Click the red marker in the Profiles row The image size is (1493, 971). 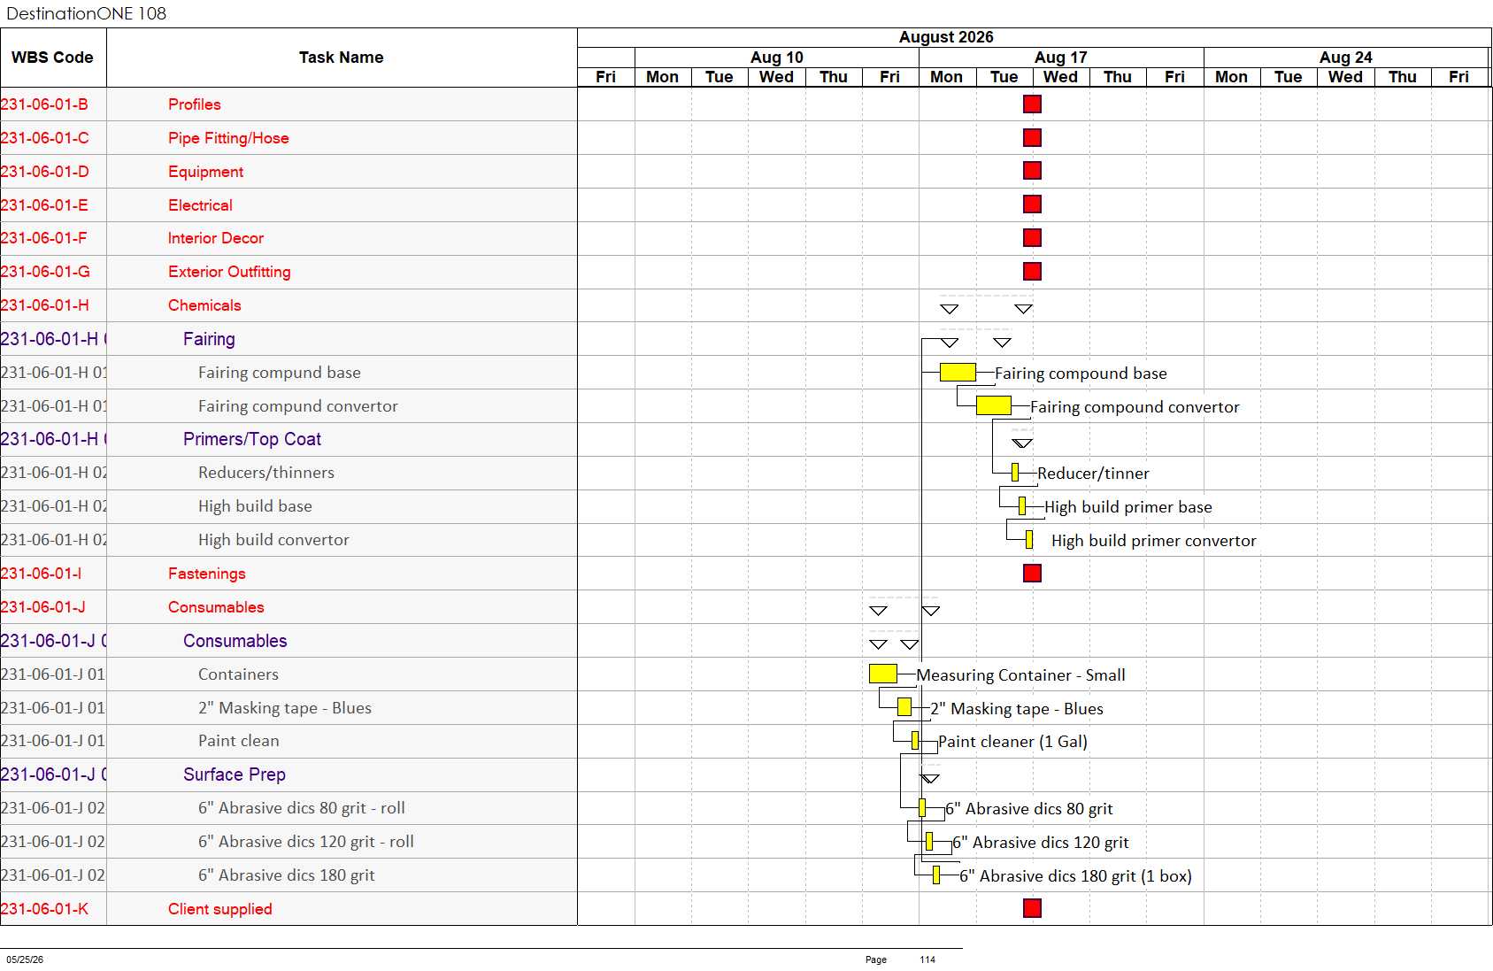click(x=1032, y=104)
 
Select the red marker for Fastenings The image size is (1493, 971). click(x=1032, y=574)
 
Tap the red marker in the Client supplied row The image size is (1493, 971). click(x=1032, y=907)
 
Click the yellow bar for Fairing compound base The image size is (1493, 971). click(x=958, y=373)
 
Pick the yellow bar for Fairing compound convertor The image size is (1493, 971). click(x=993, y=406)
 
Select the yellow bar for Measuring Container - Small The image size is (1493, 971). click(x=882, y=674)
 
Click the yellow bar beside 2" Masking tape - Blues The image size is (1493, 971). click(x=904, y=707)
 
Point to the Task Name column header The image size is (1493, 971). click(x=341, y=58)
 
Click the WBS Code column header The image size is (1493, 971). click(x=52, y=58)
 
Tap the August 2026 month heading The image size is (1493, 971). click(x=946, y=37)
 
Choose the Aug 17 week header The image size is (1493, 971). click(x=1060, y=58)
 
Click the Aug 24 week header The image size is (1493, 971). click(x=1345, y=58)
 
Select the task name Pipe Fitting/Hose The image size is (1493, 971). click(x=228, y=138)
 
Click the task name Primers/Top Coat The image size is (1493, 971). click(x=252, y=439)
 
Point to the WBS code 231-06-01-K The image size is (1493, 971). click(x=44, y=909)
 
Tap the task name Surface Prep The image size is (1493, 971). click(x=234, y=774)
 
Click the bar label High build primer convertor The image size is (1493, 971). click(x=1153, y=541)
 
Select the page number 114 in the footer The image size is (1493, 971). click(x=927, y=959)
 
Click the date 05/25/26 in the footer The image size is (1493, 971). click(x=25, y=959)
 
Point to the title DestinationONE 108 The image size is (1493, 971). click(x=86, y=13)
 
